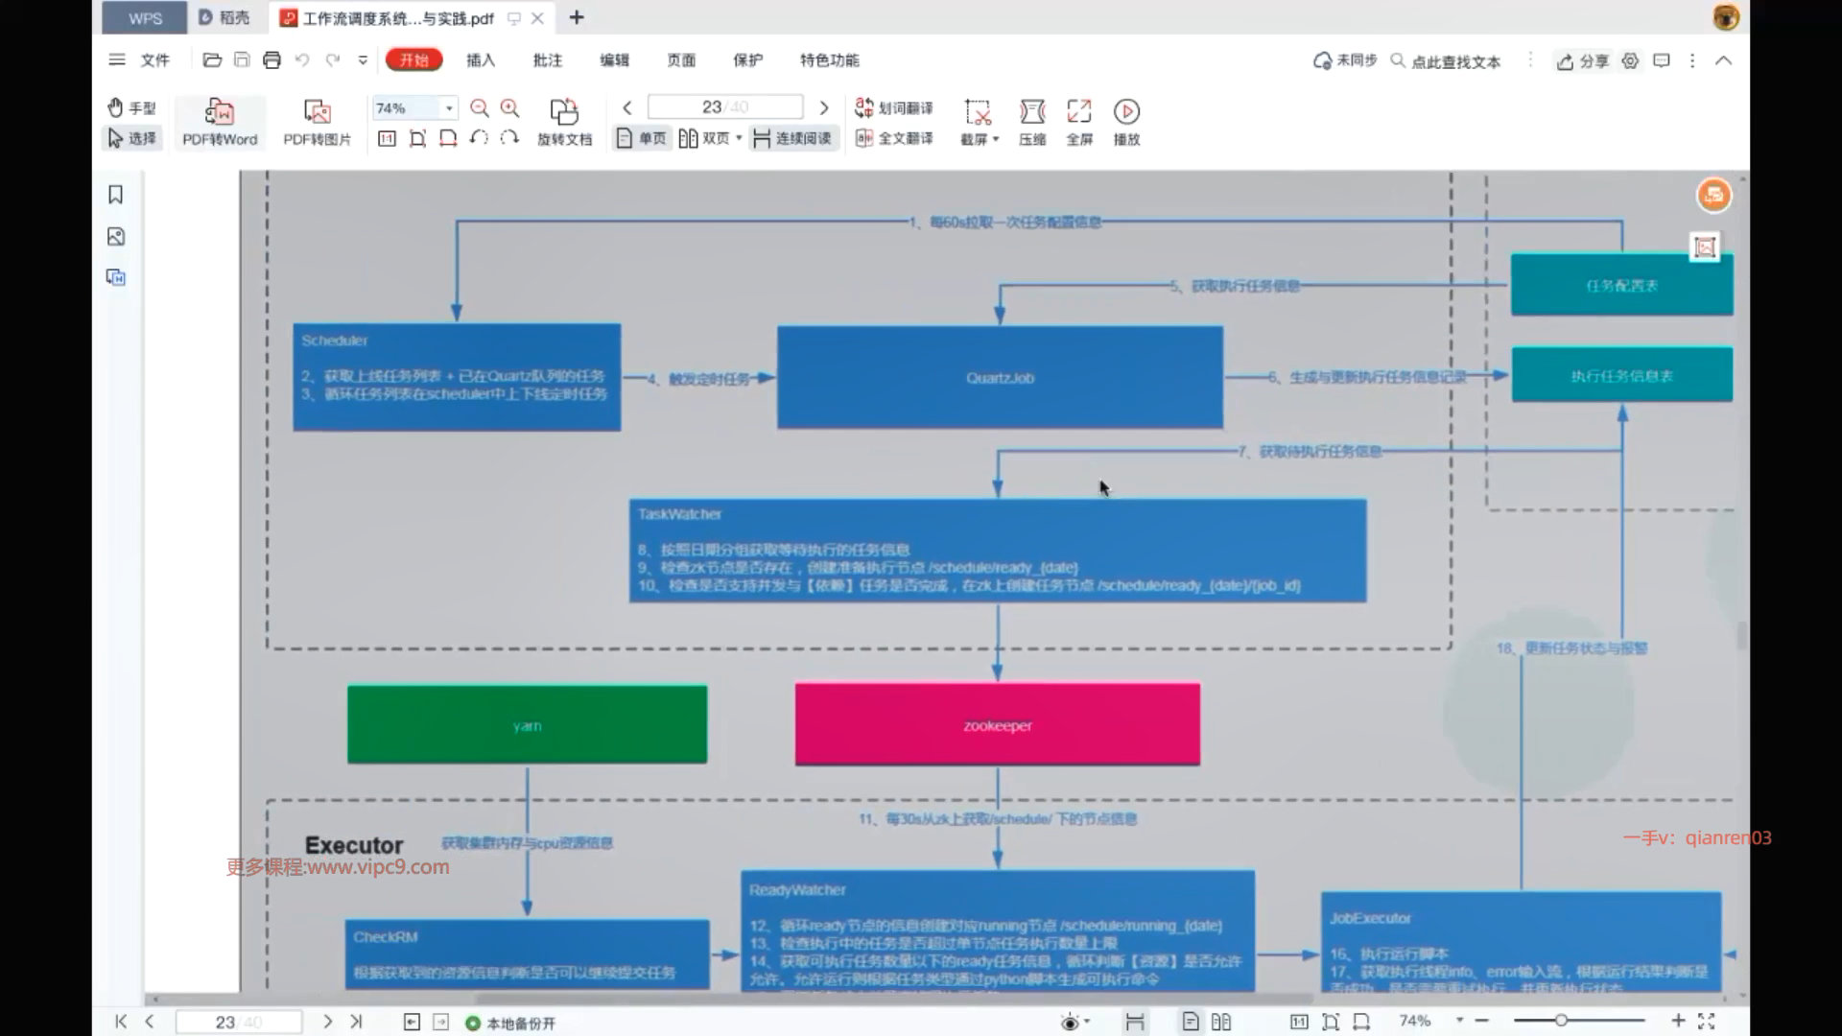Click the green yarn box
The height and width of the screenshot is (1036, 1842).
tap(527, 724)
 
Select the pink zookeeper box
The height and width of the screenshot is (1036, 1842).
tap(997, 724)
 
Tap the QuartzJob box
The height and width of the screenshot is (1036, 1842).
tap(1000, 377)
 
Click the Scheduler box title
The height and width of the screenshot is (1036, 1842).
tap(334, 341)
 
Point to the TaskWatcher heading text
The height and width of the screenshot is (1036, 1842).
tap(679, 514)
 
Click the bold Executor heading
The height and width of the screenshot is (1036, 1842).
tap(354, 845)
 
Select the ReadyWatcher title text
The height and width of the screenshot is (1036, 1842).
tap(797, 890)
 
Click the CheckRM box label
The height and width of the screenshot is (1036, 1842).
tap(386, 937)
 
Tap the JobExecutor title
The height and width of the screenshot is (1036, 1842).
tap(1370, 918)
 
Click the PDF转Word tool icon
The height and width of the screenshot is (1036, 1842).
tap(220, 112)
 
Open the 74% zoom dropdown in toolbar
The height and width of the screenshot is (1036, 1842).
tap(449, 108)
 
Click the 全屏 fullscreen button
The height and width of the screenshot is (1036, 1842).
tap(1079, 121)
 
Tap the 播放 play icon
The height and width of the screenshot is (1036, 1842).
tap(1126, 112)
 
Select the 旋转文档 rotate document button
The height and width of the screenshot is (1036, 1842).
tap(564, 121)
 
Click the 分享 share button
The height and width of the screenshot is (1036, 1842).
tap(1583, 61)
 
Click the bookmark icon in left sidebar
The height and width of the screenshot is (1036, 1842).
tap(116, 195)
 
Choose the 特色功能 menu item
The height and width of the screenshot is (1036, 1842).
tap(829, 60)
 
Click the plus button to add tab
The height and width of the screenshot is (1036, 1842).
tap(577, 17)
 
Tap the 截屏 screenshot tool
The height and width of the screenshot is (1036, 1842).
tap(979, 121)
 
